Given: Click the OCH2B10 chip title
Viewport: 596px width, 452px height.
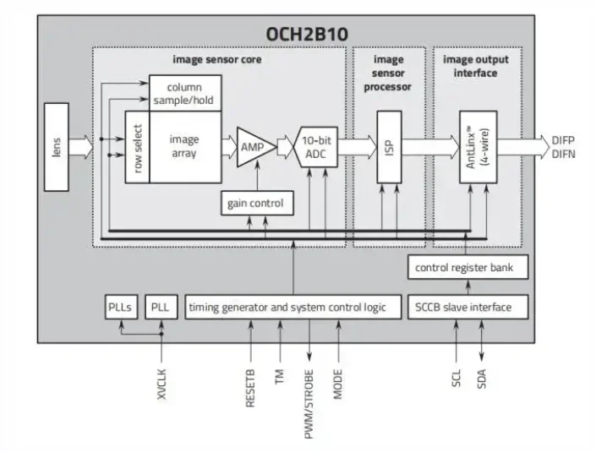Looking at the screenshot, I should point(308,34).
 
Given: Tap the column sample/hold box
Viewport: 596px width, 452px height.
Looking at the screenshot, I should point(185,93).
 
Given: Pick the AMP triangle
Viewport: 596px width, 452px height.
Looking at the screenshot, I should point(251,147).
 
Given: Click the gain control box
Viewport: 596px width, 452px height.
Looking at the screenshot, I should point(255,203).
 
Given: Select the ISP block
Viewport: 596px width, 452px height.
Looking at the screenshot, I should point(389,147).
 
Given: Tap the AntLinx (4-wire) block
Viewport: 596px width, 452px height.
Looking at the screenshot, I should point(478,147).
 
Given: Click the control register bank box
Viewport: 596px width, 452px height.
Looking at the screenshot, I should point(469,268).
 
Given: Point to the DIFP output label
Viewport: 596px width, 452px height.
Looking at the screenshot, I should point(564,139).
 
